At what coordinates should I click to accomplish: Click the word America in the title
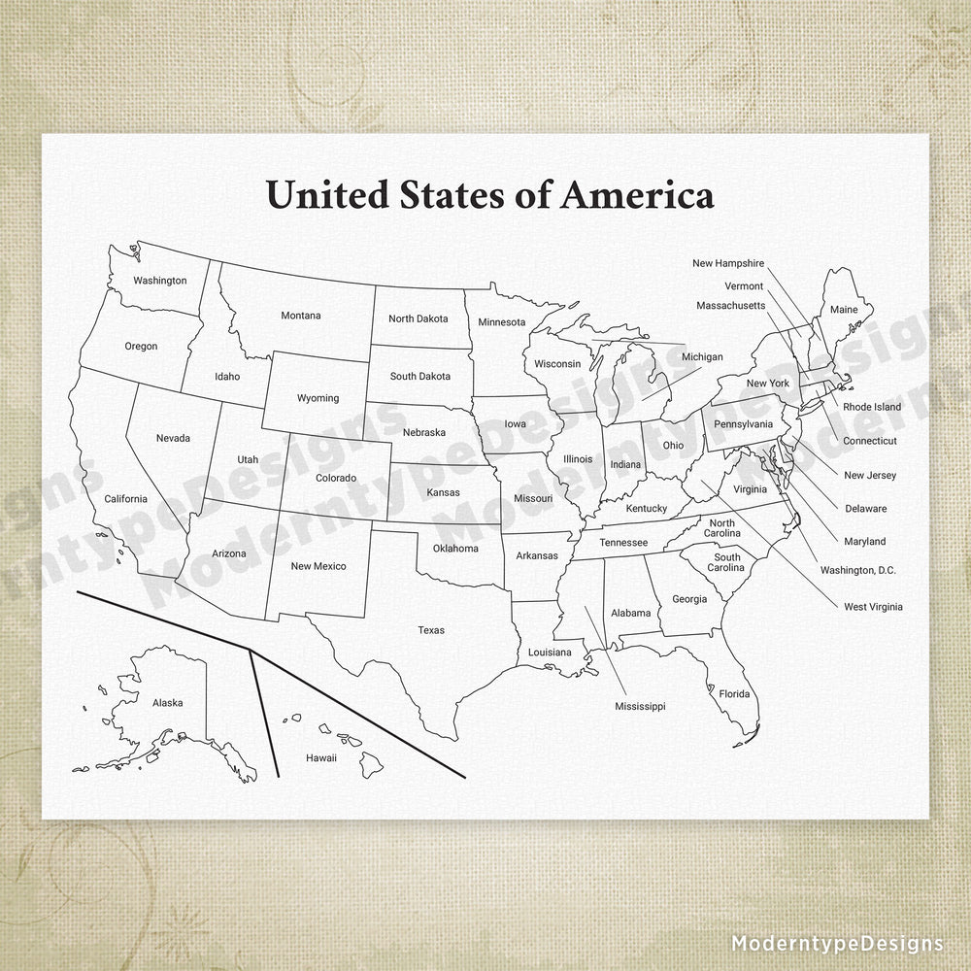point(638,194)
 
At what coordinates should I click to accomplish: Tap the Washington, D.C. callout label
point(857,570)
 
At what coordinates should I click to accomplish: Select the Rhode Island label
point(871,407)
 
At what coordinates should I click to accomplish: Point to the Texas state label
point(431,630)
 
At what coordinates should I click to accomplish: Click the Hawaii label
point(320,757)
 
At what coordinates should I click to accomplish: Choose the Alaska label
point(167,702)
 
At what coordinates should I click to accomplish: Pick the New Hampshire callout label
point(728,263)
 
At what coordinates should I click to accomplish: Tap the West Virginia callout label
point(873,607)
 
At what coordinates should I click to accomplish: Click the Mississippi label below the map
point(640,706)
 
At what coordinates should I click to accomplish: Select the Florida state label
point(734,693)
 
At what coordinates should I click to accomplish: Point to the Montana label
point(301,315)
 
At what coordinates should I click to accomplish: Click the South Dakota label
point(419,376)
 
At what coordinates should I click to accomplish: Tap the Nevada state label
point(173,438)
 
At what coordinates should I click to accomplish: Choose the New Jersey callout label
point(869,475)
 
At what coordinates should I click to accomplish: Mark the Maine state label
point(844,310)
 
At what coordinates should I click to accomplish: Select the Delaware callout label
point(865,508)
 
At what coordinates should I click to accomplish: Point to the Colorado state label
point(336,478)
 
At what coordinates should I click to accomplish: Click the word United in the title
point(327,194)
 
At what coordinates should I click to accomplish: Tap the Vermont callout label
point(744,285)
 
